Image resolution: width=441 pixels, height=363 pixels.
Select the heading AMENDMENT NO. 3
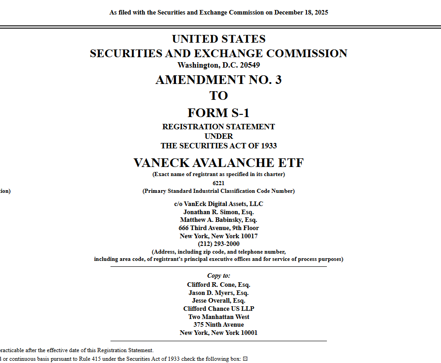click(218, 80)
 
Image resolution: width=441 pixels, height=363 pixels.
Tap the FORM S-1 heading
click(218, 113)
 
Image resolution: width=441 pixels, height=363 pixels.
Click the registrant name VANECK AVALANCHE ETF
click(218, 162)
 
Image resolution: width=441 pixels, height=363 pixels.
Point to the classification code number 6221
click(218, 183)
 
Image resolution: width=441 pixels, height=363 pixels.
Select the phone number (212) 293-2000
click(218, 244)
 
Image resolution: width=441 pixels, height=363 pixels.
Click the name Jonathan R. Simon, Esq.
click(218, 212)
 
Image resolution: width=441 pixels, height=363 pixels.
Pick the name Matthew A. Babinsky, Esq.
click(218, 220)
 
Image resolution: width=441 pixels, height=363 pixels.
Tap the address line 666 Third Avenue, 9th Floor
click(218, 228)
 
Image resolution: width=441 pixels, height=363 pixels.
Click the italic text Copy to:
click(218, 275)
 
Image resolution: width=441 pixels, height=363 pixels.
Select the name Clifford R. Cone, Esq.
click(218, 285)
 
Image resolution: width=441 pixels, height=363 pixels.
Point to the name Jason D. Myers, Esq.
click(218, 293)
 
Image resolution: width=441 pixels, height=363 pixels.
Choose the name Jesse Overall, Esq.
click(218, 300)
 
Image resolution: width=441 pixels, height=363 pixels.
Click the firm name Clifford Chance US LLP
click(218, 309)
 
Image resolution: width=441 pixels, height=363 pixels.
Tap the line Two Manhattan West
click(218, 317)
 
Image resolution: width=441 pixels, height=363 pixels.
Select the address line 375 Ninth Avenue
click(218, 324)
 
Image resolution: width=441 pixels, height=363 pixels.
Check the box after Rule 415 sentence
click(245, 359)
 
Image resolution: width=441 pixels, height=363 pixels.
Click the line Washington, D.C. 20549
click(218, 65)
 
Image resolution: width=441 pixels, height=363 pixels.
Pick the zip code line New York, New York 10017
click(218, 236)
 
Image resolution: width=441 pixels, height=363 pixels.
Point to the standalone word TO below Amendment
click(218, 96)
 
